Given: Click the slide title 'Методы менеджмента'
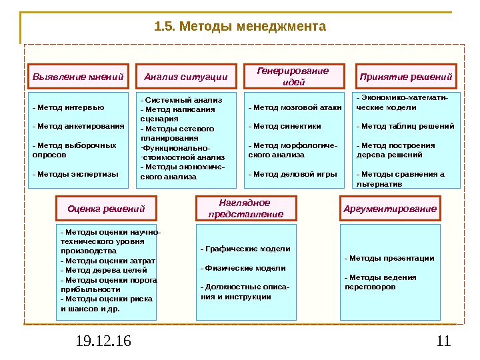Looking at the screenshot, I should point(240,27).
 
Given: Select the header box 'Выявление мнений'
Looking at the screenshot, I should point(79,77).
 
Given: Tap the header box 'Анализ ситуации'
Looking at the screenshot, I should point(186,77).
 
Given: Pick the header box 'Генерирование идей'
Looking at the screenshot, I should point(294,77).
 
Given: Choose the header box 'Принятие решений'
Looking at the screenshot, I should point(406,77).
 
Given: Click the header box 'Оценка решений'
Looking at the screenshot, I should point(107,209).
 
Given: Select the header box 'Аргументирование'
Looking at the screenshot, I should point(391,209).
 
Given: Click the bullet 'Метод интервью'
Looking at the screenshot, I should point(68,107).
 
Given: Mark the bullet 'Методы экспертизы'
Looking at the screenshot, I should point(75,173).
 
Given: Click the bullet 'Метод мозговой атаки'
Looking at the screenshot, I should point(295,107).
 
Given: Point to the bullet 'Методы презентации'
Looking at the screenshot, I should point(389,257).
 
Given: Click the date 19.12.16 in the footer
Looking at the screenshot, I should point(103,342).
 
